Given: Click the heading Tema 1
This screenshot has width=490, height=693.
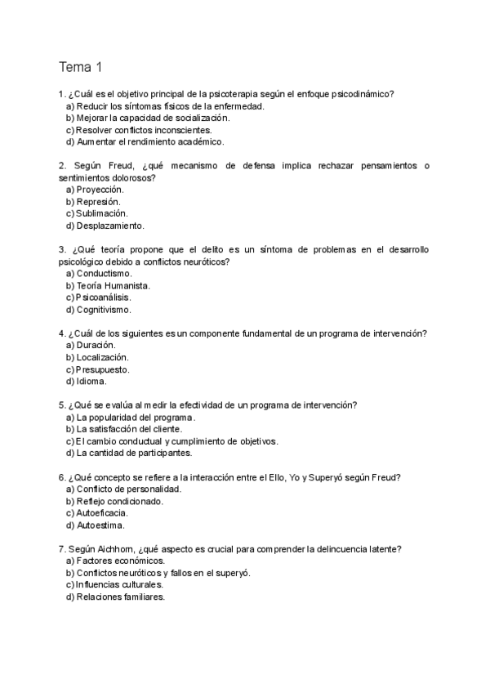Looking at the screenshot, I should pyautogui.click(x=80, y=66).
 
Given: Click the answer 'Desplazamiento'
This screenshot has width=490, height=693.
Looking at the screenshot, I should pyautogui.click(x=109, y=226).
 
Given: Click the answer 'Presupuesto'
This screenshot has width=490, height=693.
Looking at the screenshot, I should pyautogui.click(x=102, y=369).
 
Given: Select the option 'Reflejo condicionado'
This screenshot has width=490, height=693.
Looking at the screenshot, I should pyautogui.click(x=119, y=501).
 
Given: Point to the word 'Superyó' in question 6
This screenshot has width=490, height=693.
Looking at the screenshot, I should pyautogui.click(x=335, y=477).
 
